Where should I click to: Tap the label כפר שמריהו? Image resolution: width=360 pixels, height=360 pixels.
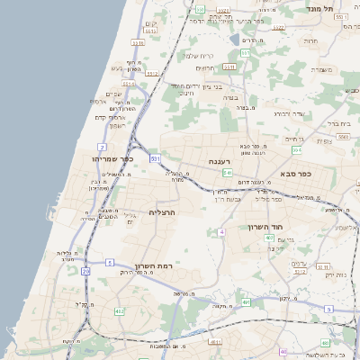tap(112, 158)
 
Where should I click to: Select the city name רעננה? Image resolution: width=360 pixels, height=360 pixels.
tap(221, 161)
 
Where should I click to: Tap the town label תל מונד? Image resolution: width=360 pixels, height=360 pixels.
tap(340, 7)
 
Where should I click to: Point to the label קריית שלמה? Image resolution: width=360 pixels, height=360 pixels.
tap(197, 56)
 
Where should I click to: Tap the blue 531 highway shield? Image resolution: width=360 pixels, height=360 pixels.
tap(155, 158)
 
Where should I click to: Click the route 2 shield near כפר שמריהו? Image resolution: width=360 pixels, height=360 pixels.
tap(102, 146)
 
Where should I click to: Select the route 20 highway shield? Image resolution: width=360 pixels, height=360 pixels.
tap(85, 270)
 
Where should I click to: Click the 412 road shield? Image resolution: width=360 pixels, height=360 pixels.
tap(120, 311)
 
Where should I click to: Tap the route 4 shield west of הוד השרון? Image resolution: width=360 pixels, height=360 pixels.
tap(221, 232)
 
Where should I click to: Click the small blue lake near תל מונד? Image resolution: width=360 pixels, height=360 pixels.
tap(235, 40)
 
